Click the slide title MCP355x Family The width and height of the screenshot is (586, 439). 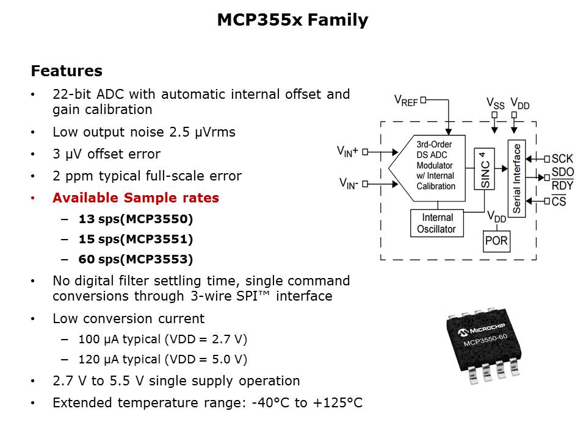[x=292, y=21]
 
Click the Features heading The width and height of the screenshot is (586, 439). [x=67, y=71]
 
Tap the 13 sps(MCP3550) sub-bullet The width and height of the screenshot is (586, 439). [x=136, y=219]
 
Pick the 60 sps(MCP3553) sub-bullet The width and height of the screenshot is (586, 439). [x=136, y=260]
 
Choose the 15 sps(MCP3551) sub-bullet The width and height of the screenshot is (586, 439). [x=136, y=239]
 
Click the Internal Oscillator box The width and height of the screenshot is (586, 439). [x=437, y=223]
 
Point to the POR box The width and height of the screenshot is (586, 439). [x=496, y=241]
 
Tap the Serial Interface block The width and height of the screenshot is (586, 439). [x=517, y=177]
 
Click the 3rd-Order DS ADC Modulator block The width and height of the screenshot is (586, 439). [x=434, y=165]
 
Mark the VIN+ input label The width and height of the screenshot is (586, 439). [x=348, y=150]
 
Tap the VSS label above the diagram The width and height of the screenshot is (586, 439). [x=495, y=104]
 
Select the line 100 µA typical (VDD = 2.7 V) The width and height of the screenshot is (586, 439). [x=163, y=339]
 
